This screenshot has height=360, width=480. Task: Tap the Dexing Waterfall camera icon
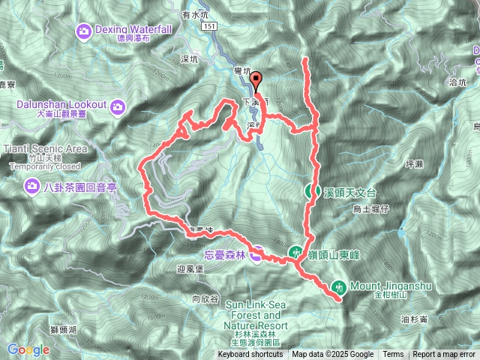click(x=82, y=29)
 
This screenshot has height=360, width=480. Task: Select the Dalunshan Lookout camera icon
click(x=118, y=107)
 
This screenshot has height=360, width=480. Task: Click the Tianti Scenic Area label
click(x=45, y=148)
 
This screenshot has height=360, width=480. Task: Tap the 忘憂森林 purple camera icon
click(x=256, y=255)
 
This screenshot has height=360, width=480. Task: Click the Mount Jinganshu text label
click(x=382, y=285)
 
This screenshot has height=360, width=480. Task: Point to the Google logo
click(x=28, y=349)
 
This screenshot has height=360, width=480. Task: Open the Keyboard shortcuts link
click(x=250, y=355)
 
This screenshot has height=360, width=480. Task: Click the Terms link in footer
click(x=392, y=355)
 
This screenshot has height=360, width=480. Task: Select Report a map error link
click(x=444, y=355)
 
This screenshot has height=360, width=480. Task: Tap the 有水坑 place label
click(x=194, y=13)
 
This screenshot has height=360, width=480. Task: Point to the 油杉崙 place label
click(x=415, y=319)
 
